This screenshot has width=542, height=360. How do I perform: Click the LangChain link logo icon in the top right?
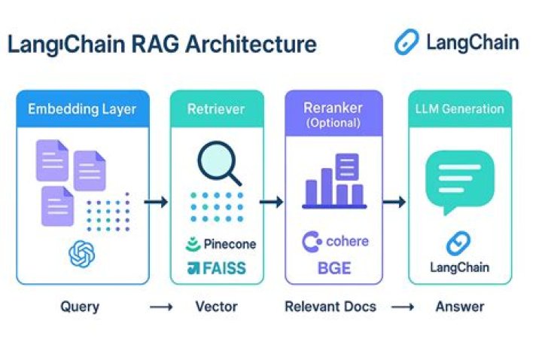tap(406, 42)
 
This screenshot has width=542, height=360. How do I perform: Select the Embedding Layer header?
tap(82, 109)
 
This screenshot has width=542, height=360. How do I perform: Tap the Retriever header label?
tap(216, 109)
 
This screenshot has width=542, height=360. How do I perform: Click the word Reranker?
tap(333, 108)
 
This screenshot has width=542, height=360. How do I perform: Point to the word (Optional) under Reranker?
tap(333, 123)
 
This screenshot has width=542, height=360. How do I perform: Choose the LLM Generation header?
tap(460, 109)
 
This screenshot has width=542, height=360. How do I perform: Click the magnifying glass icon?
tap(219, 163)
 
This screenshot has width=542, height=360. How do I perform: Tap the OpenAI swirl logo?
tap(82, 254)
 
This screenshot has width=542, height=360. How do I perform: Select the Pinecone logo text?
tap(221, 244)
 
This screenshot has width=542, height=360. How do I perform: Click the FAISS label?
tap(217, 268)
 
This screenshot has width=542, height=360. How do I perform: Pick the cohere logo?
tap(335, 242)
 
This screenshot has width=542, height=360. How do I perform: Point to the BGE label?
tap(334, 268)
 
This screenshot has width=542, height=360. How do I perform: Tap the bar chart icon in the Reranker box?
tap(334, 181)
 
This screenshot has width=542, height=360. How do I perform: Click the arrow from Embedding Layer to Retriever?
tap(156, 202)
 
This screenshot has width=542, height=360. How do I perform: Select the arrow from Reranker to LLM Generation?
tap(394, 202)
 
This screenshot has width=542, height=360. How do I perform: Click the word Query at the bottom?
tap(80, 307)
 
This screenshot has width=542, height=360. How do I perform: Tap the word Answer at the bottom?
tap(460, 307)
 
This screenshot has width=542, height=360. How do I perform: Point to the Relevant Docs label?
tap(330, 307)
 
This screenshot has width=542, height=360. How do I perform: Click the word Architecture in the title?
tap(251, 44)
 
